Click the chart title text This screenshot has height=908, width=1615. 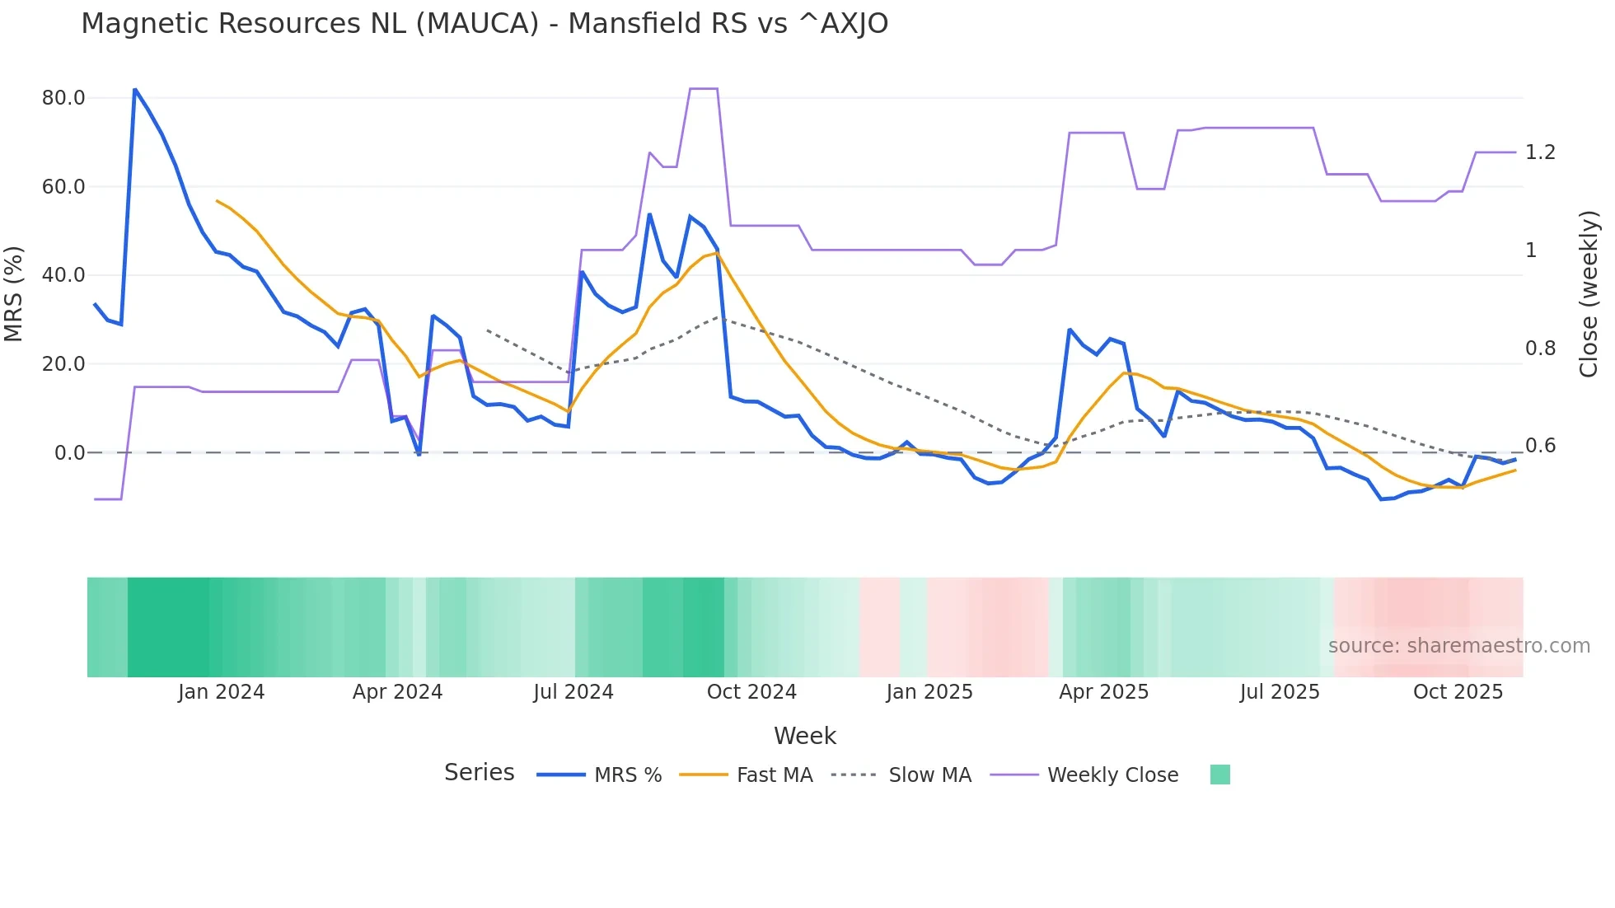[x=485, y=24]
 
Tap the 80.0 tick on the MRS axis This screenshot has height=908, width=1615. [x=63, y=98]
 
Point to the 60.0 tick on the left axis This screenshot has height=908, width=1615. [x=63, y=187]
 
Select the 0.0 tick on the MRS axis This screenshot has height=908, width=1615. [x=69, y=453]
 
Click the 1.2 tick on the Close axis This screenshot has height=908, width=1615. [x=1540, y=152]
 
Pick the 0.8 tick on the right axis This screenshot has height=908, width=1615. [x=1540, y=349]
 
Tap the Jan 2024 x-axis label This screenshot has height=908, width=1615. [x=221, y=692]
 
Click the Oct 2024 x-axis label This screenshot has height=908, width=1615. [x=751, y=692]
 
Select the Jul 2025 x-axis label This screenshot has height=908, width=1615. [x=1280, y=692]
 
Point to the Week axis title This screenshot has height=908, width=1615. [x=805, y=736]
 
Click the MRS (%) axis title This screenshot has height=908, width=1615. [x=14, y=293]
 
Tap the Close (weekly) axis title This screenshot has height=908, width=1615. [x=1589, y=294]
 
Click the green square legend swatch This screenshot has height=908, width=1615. [x=1220, y=775]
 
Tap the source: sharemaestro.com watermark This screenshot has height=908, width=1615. [x=1458, y=646]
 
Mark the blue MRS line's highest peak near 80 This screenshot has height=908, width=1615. [x=135, y=90]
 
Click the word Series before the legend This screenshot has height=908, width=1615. [x=479, y=773]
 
